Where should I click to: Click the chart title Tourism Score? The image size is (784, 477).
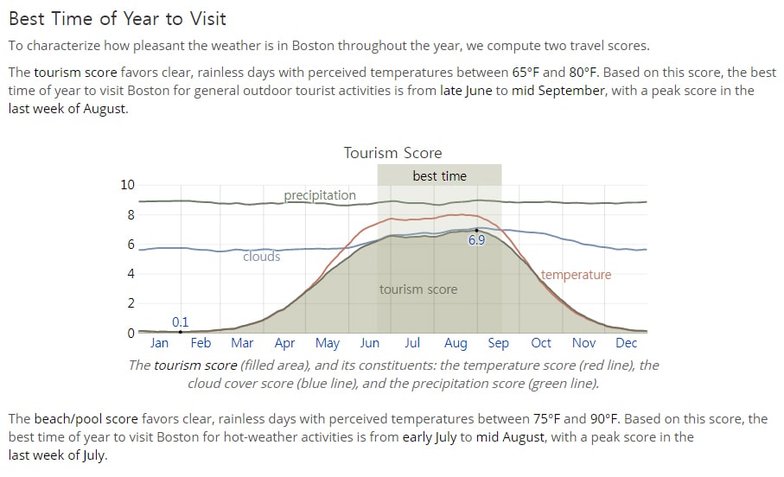click(x=392, y=152)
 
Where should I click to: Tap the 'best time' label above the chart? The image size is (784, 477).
click(x=439, y=176)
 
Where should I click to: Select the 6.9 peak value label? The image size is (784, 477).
click(x=476, y=240)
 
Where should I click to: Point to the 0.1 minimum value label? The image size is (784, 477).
click(x=180, y=322)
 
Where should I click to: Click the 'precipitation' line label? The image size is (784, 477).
click(x=320, y=195)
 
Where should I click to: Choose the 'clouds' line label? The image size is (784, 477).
click(x=262, y=257)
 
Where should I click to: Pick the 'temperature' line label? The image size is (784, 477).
click(x=576, y=275)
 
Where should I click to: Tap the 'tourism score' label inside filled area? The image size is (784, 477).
click(x=418, y=289)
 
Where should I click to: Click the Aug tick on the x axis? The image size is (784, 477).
click(x=456, y=343)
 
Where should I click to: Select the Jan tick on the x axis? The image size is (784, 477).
click(x=160, y=343)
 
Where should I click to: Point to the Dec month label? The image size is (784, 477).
click(x=626, y=343)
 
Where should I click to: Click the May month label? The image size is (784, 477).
click(x=328, y=344)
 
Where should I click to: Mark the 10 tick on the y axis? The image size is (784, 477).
click(x=128, y=185)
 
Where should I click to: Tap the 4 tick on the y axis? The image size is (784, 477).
click(x=131, y=274)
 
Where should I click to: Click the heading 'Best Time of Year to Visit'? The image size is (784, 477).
click(x=118, y=18)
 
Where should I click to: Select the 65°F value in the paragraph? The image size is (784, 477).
click(x=526, y=73)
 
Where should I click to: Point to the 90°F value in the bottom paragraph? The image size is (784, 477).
click(x=605, y=418)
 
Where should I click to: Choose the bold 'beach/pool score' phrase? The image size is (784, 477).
click(x=86, y=419)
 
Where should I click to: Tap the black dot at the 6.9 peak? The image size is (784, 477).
click(x=476, y=231)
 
